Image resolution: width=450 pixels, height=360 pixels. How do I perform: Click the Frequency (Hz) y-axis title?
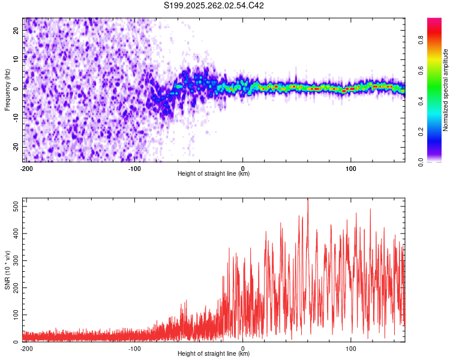point(7,89)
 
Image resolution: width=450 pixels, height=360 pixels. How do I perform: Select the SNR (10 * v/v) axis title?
point(7,271)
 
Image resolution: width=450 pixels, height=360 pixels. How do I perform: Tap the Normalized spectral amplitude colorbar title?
point(446,90)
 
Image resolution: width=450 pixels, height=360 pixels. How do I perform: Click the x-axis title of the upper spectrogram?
point(214,173)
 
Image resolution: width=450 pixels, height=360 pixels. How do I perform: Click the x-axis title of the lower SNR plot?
point(214,353)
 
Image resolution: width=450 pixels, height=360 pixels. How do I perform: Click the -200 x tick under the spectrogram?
point(26,167)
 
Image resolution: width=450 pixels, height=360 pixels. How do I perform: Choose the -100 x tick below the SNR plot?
point(134,347)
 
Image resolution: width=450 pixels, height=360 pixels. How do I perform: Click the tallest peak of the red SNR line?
point(308,200)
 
